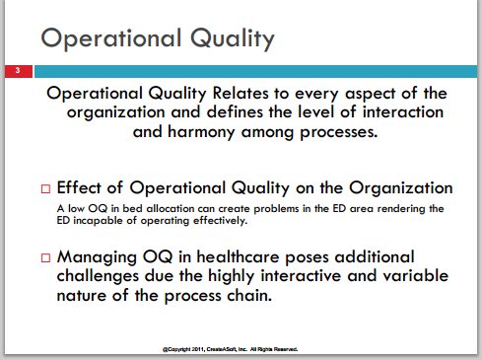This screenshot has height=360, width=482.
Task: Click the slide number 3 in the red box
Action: tap(18, 70)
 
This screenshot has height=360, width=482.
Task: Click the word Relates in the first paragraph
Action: tap(241, 94)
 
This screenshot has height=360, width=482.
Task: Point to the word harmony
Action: tap(201, 132)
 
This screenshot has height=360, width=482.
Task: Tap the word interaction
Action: tap(403, 112)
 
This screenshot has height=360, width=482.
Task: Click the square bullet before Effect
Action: tap(45, 188)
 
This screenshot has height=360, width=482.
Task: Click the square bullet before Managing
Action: tap(45, 257)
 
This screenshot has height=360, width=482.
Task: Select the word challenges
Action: tap(98, 276)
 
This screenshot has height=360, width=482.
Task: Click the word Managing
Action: tap(97, 257)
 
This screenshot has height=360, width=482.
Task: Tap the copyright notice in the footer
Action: tap(231, 349)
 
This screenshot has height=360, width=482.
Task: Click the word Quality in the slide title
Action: tap(233, 39)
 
